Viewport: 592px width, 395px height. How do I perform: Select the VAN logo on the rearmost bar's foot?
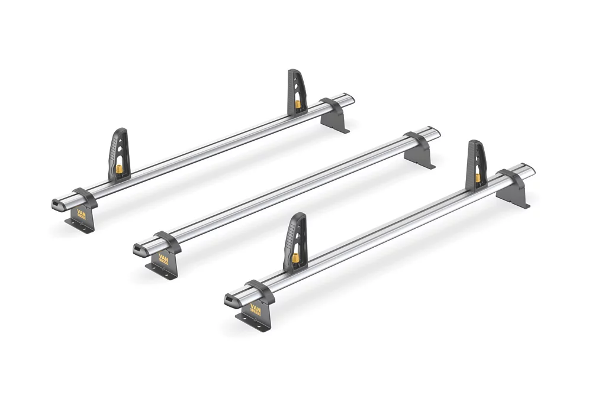(x=82, y=213)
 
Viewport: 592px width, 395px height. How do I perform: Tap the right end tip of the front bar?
(x=530, y=170)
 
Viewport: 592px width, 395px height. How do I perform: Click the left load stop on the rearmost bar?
(x=117, y=154)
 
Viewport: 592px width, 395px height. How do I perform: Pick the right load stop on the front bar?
(x=475, y=165)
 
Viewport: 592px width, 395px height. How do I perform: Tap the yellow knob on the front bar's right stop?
(x=477, y=177)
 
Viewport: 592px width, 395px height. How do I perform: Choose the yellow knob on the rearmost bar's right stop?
(x=298, y=106)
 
